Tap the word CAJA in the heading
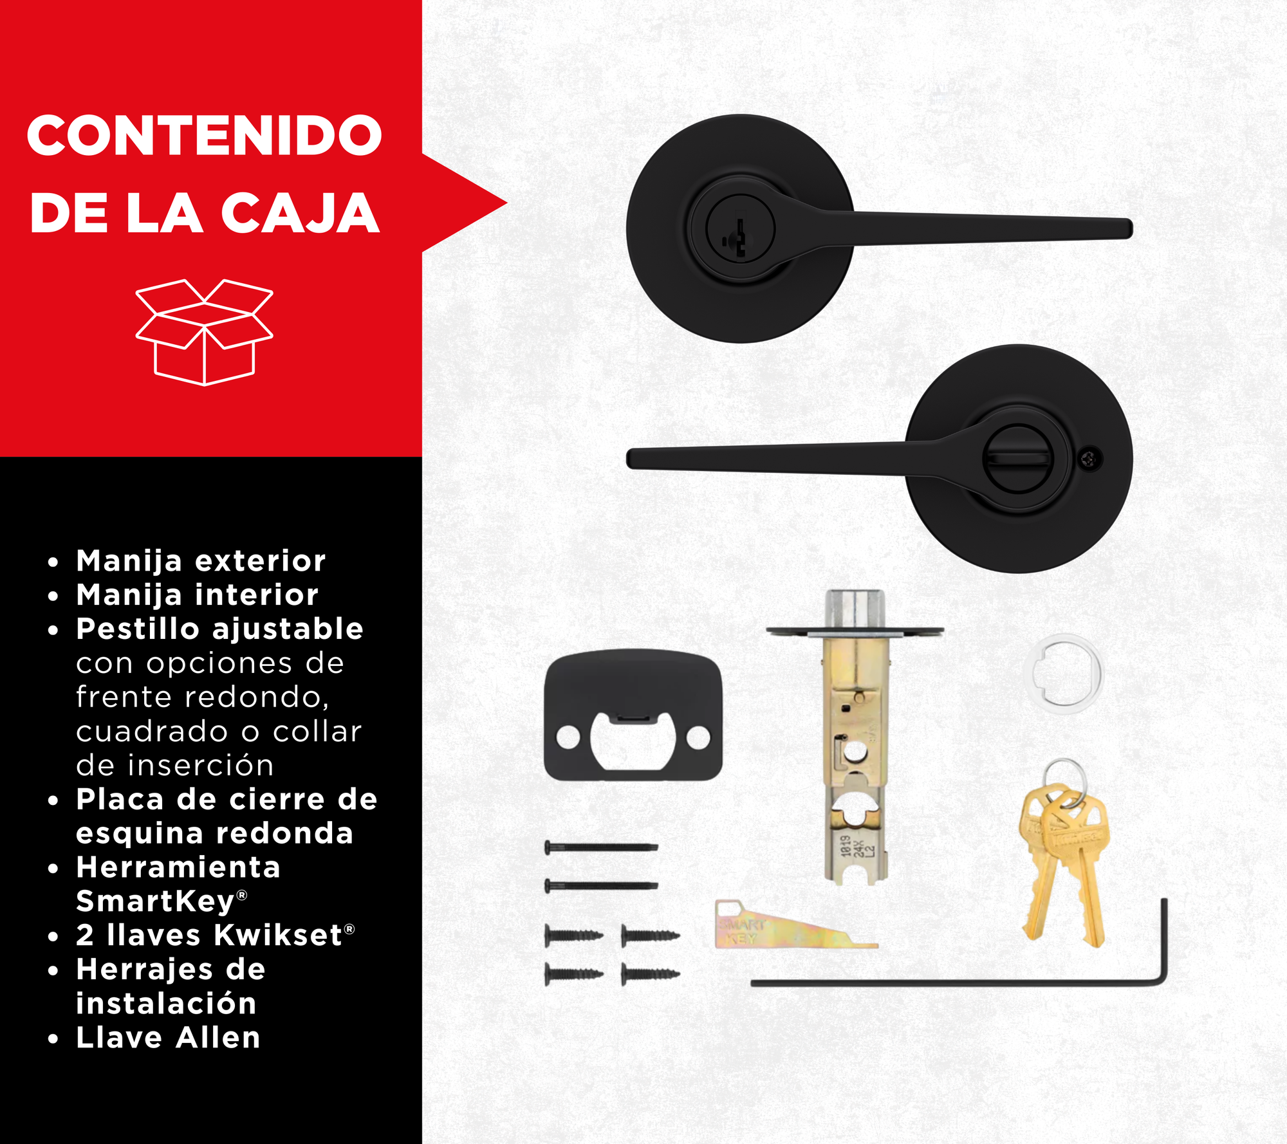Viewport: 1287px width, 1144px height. [x=301, y=213]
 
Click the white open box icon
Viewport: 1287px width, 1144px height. [x=205, y=332]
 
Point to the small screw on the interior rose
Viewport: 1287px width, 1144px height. [x=1089, y=459]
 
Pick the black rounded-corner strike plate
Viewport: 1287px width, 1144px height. [x=633, y=715]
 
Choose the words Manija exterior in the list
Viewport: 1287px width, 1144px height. [x=201, y=561]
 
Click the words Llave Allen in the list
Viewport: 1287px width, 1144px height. [x=168, y=1037]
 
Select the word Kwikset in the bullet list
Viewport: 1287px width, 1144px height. [x=278, y=935]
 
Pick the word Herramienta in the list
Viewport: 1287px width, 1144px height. [x=178, y=867]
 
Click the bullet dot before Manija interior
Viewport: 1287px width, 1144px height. [x=53, y=596]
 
